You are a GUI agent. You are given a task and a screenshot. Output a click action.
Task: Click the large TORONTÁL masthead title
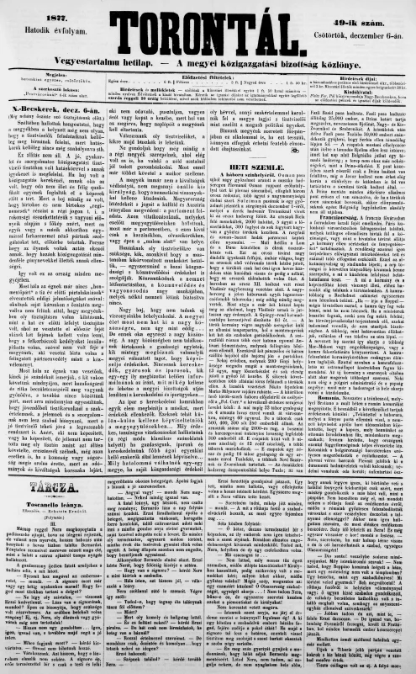click(208, 25)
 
